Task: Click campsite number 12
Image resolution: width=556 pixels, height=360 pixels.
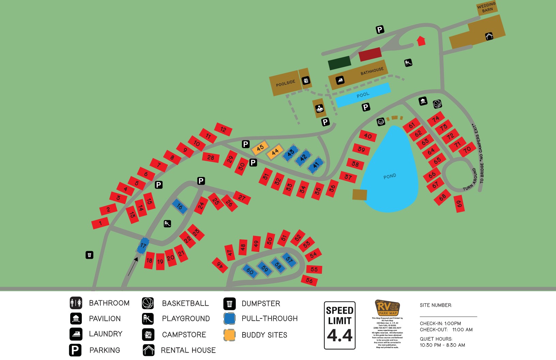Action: (223, 129)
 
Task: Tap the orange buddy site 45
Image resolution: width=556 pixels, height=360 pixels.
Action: (260, 148)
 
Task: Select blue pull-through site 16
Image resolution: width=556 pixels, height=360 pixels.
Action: (180, 207)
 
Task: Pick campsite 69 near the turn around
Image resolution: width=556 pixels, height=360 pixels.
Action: (459, 204)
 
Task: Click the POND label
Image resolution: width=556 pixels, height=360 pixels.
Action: (390, 176)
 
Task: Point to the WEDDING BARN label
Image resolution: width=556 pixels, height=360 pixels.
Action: (486, 7)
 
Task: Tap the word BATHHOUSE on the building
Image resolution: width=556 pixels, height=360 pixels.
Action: (372, 71)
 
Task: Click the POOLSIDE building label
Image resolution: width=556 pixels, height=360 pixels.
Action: (285, 83)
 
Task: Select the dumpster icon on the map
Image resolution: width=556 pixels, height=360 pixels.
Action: (89, 255)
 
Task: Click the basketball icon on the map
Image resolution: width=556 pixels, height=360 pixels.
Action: (437, 104)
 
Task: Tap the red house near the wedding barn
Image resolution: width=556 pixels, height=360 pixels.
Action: (421, 41)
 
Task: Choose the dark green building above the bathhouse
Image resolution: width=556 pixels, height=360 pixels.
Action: (339, 63)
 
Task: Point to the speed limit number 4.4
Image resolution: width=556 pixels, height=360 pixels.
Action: (340, 336)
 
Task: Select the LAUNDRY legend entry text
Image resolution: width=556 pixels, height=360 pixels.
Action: (106, 334)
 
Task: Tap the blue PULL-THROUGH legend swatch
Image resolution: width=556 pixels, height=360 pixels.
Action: (230, 318)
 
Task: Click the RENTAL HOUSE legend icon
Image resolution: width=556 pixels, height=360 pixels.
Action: (149, 350)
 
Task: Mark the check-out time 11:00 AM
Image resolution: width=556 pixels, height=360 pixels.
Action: (462, 330)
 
